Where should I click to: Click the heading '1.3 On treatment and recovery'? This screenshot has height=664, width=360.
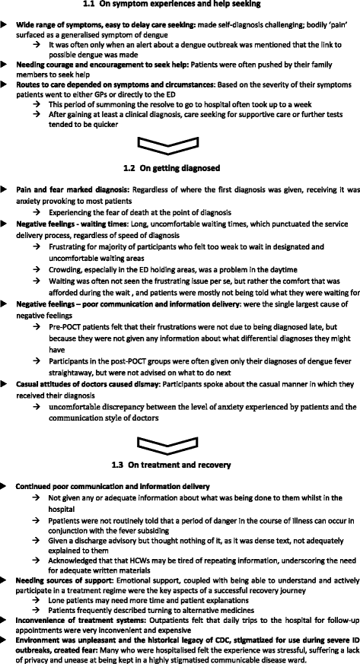point(180,464)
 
